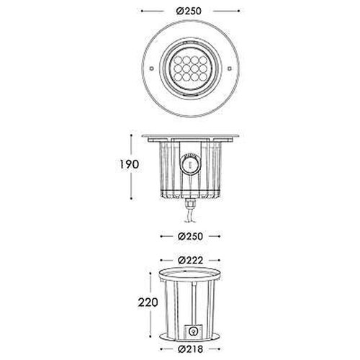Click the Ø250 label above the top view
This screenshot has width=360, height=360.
[190, 12]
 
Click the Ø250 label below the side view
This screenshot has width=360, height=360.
[190, 235]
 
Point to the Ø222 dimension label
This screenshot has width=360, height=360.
[191, 258]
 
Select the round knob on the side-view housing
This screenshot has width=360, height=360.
[191, 164]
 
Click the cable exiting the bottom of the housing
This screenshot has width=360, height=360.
[191, 215]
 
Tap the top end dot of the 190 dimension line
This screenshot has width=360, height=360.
[132, 132]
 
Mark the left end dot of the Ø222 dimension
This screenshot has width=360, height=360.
[158, 258]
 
